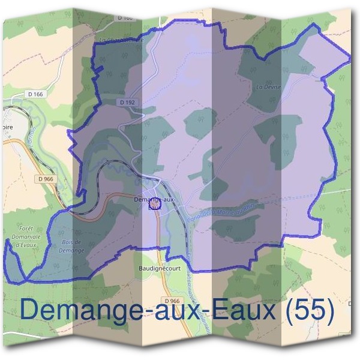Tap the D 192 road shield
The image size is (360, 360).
point(127,103)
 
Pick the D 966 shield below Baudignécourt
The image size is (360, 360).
point(171,301)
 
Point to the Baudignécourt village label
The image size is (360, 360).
point(160,268)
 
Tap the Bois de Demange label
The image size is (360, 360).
point(71,245)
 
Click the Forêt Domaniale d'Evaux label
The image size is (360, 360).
point(26,236)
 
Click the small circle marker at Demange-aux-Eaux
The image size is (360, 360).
point(155,205)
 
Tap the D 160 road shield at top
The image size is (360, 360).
point(125,18)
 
